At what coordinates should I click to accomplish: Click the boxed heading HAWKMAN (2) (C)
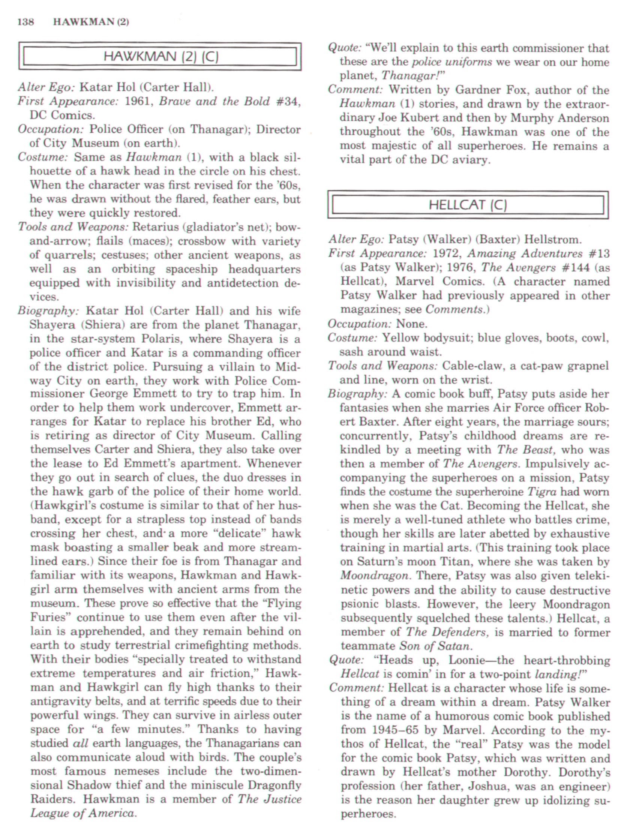pyautogui.click(x=160, y=57)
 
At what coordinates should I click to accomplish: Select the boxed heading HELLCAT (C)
pyautogui.click(x=468, y=205)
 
